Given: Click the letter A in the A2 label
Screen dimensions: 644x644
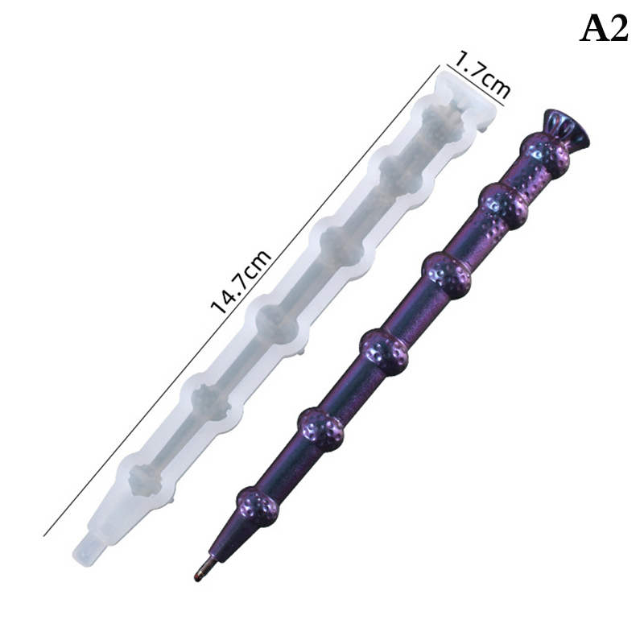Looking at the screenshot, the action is click(595, 29).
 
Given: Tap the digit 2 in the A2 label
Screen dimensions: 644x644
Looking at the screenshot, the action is click(619, 29).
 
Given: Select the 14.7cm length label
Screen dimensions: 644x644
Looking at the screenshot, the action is click(241, 281).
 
